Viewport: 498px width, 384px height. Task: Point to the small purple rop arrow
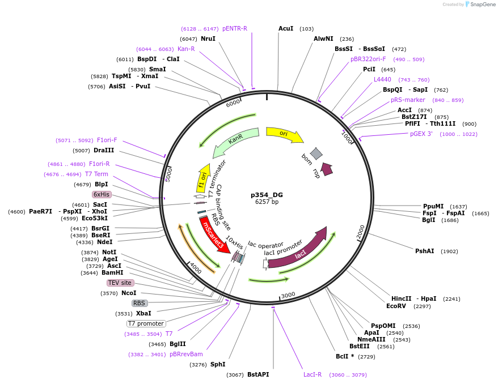326,168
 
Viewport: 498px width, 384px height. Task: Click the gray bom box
316,153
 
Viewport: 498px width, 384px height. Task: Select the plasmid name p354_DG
267,194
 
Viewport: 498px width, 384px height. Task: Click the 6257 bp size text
267,202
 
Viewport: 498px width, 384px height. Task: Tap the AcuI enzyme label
286,28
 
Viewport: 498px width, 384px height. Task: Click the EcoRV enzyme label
396,306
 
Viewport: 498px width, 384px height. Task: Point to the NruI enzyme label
208,39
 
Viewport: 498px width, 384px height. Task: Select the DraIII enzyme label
104,150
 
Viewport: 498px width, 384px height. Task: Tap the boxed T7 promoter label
146,323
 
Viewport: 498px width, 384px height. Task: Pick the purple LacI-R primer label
313,374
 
